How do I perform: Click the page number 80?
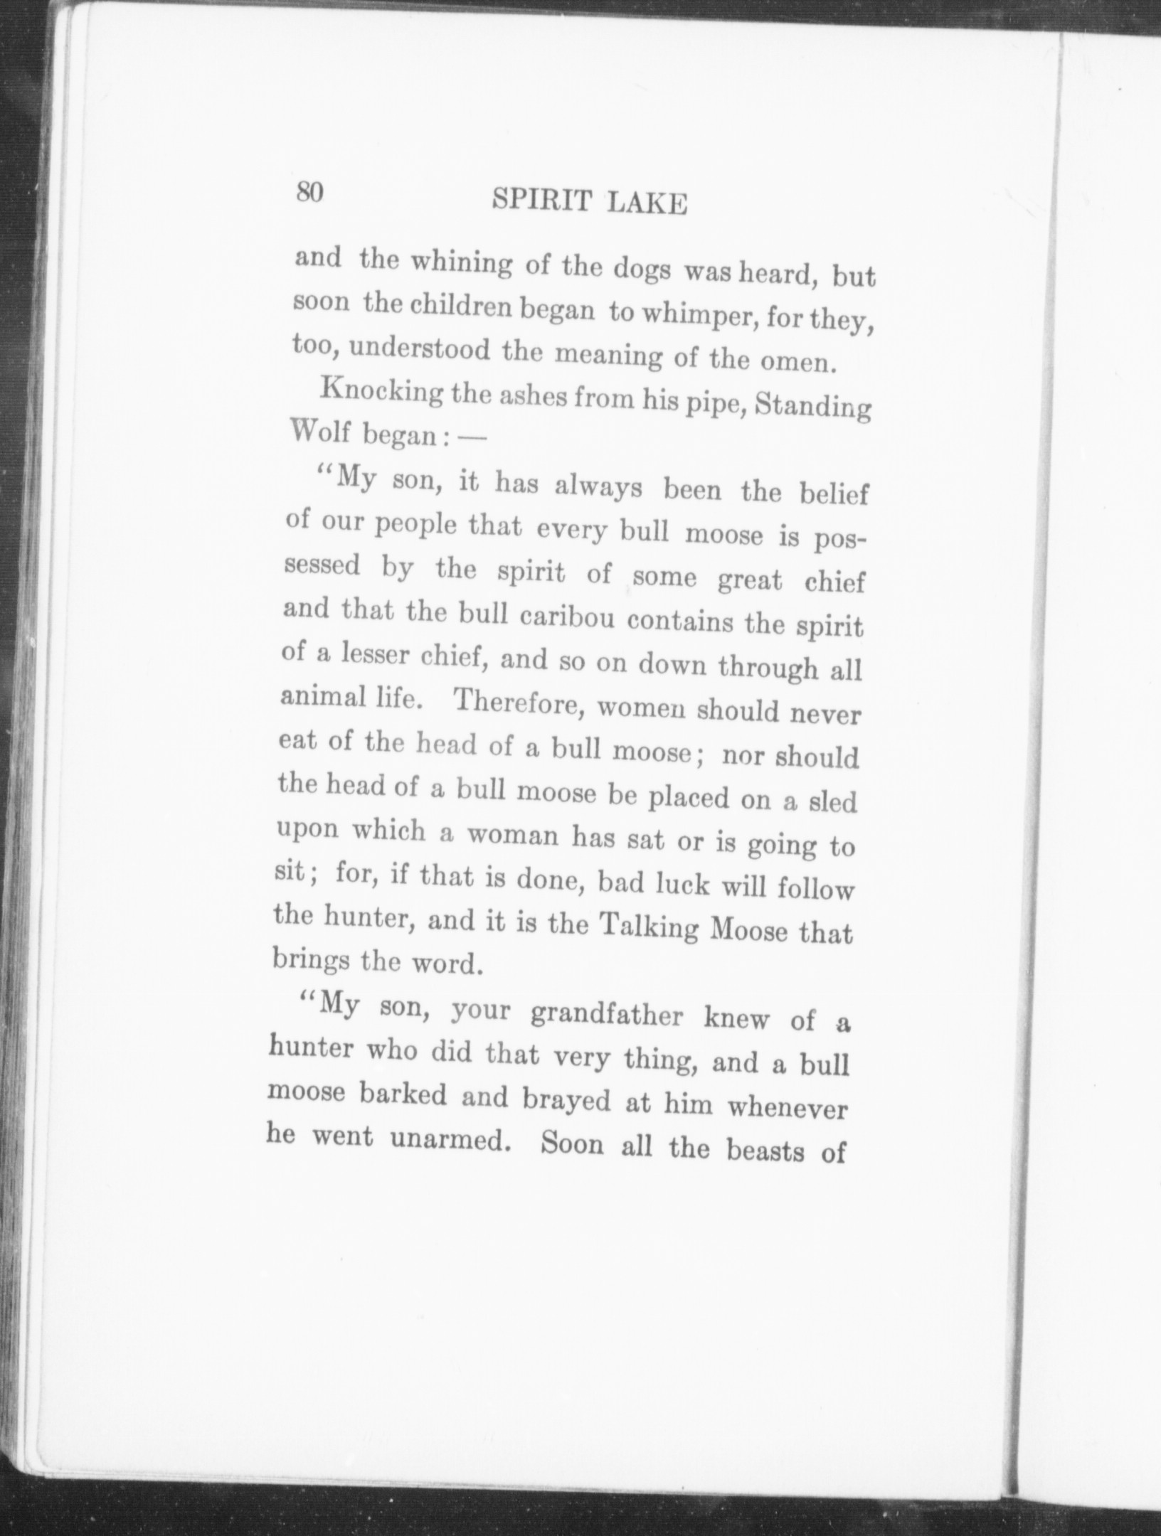click(x=310, y=192)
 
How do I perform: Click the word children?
click(x=457, y=309)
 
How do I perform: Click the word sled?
click(x=833, y=802)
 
